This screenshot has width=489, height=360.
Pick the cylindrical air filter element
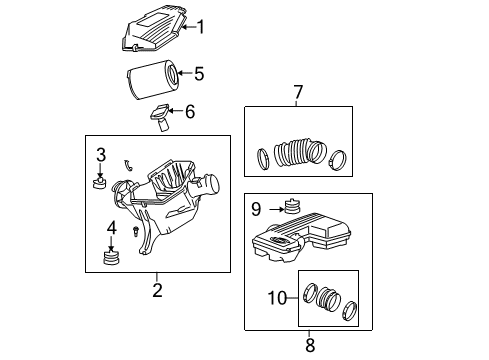[x=152, y=77]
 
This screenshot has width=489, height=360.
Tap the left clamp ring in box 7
[x=263, y=157]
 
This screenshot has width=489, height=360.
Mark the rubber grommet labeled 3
[x=100, y=182]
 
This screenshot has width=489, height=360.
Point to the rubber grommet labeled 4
[x=112, y=260]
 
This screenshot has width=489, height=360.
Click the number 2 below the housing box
[x=157, y=290]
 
